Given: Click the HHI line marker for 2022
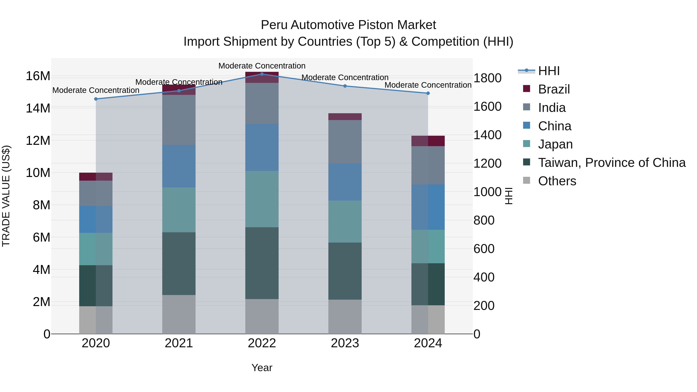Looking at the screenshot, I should tap(262, 74).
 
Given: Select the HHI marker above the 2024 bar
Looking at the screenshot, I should tap(428, 93).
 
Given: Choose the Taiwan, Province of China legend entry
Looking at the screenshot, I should tap(611, 163).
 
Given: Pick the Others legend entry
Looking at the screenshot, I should tap(557, 181).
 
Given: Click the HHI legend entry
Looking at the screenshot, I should tap(549, 71).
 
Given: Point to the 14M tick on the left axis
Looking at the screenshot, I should tap(38, 108).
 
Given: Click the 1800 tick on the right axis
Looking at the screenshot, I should tap(487, 78).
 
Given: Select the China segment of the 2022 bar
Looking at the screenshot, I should tap(262, 148).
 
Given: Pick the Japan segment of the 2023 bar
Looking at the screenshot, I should tap(345, 222).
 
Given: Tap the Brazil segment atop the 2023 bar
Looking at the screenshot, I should tap(345, 117).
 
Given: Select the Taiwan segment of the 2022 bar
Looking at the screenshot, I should tap(262, 263).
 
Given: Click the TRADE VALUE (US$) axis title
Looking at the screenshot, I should tap(6, 196).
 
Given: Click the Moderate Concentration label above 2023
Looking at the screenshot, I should tap(345, 78).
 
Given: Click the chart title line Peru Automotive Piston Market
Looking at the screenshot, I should tap(348, 25).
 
